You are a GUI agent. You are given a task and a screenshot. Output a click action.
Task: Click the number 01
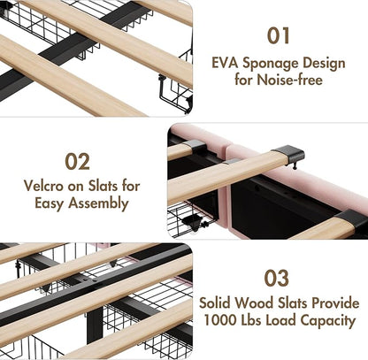point(279,35)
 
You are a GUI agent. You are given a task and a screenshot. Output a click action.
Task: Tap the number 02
point(78,162)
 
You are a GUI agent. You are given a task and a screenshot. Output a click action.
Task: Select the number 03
point(276,278)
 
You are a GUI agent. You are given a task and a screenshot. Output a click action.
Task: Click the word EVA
point(225,63)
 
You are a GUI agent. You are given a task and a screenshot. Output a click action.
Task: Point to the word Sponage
point(271,64)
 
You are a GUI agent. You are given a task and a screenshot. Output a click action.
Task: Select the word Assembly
point(98,203)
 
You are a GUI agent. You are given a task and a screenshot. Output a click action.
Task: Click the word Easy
point(50,204)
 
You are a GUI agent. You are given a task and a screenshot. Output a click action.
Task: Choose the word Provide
point(335,303)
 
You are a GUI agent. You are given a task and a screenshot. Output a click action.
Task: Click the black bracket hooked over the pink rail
point(289,155)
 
